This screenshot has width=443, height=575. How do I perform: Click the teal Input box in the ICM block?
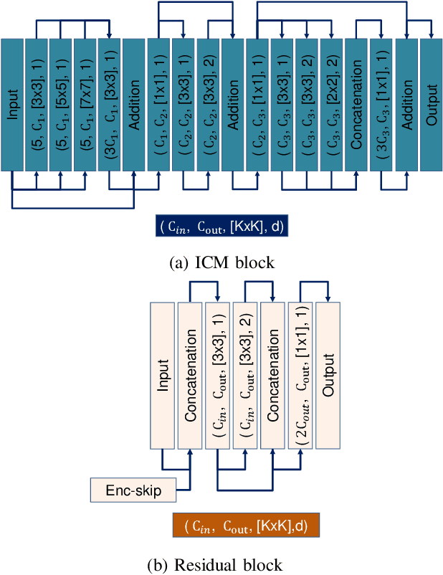(x=13, y=105)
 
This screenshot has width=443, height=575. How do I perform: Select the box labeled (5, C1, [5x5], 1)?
(x=60, y=105)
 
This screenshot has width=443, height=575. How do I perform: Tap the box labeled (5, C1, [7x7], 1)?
(x=85, y=105)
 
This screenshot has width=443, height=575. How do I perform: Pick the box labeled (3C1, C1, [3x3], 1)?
(x=109, y=105)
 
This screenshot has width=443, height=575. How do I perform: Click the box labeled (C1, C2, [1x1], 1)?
(x=158, y=105)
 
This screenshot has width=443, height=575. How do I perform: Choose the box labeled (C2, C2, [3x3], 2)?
(x=208, y=105)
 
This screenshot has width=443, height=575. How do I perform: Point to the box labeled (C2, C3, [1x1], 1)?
(x=257, y=105)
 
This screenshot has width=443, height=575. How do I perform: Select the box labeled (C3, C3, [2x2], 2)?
(x=330, y=105)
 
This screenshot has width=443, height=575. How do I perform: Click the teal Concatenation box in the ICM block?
(x=356, y=105)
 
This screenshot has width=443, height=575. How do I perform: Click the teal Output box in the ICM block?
(x=430, y=105)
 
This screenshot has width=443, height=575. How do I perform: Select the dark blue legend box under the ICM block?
(x=223, y=227)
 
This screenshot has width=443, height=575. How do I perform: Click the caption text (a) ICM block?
(x=221, y=262)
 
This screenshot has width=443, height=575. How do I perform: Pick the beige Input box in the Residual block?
(x=162, y=374)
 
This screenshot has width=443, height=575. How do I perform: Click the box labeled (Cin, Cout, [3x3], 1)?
(x=217, y=374)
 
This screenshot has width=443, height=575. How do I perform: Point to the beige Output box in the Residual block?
(x=328, y=374)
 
